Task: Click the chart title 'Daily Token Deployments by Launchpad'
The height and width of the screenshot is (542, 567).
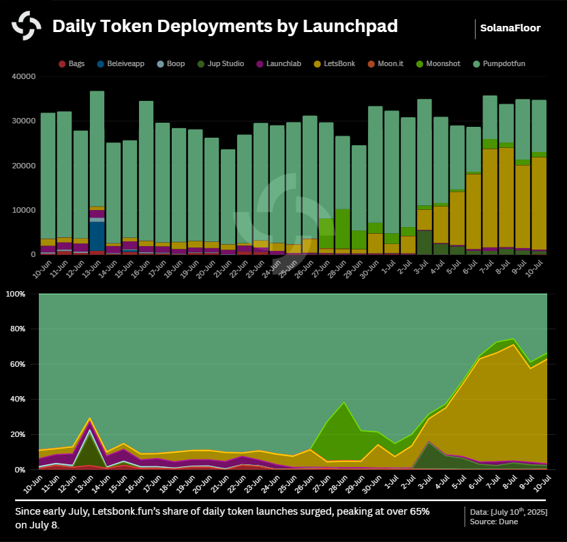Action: [225, 27]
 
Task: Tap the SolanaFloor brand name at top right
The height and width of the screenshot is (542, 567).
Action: [510, 28]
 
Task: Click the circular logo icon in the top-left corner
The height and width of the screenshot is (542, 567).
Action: [26, 27]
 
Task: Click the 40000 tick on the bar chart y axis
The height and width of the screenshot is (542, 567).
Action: [24, 76]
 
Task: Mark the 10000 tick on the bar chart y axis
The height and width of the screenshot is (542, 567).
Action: [24, 210]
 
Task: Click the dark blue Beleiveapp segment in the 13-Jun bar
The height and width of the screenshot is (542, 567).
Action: [97, 236]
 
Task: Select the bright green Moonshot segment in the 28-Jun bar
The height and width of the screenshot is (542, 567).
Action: [343, 228]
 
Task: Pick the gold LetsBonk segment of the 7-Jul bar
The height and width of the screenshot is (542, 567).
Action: [490, 198]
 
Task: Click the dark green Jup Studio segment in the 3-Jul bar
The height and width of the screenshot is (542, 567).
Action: [425, 242]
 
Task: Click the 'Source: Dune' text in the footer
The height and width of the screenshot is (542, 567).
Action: [494, 522]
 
